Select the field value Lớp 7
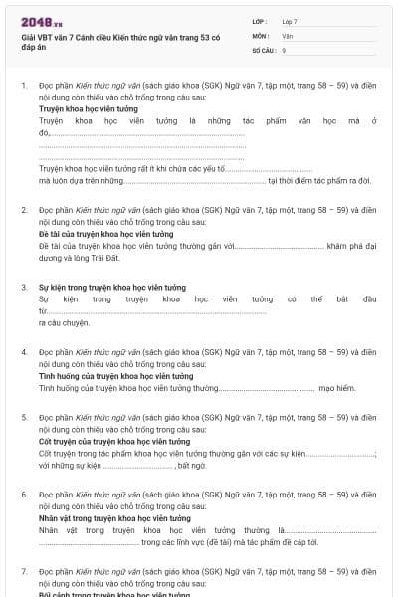tap(290, 21)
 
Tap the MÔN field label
tap(260, 35)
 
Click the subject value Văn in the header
tap(287, 35)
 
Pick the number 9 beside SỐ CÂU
tap(284, 49)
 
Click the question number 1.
tap(24, 86)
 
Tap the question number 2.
tap(24, 210)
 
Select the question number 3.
tap(24, 287)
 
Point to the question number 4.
tap(24, 352)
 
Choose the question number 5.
tap(24, 418)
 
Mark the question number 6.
tap(24, 494)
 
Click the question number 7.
tap(24, 571)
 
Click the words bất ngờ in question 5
tap(193, 465)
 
